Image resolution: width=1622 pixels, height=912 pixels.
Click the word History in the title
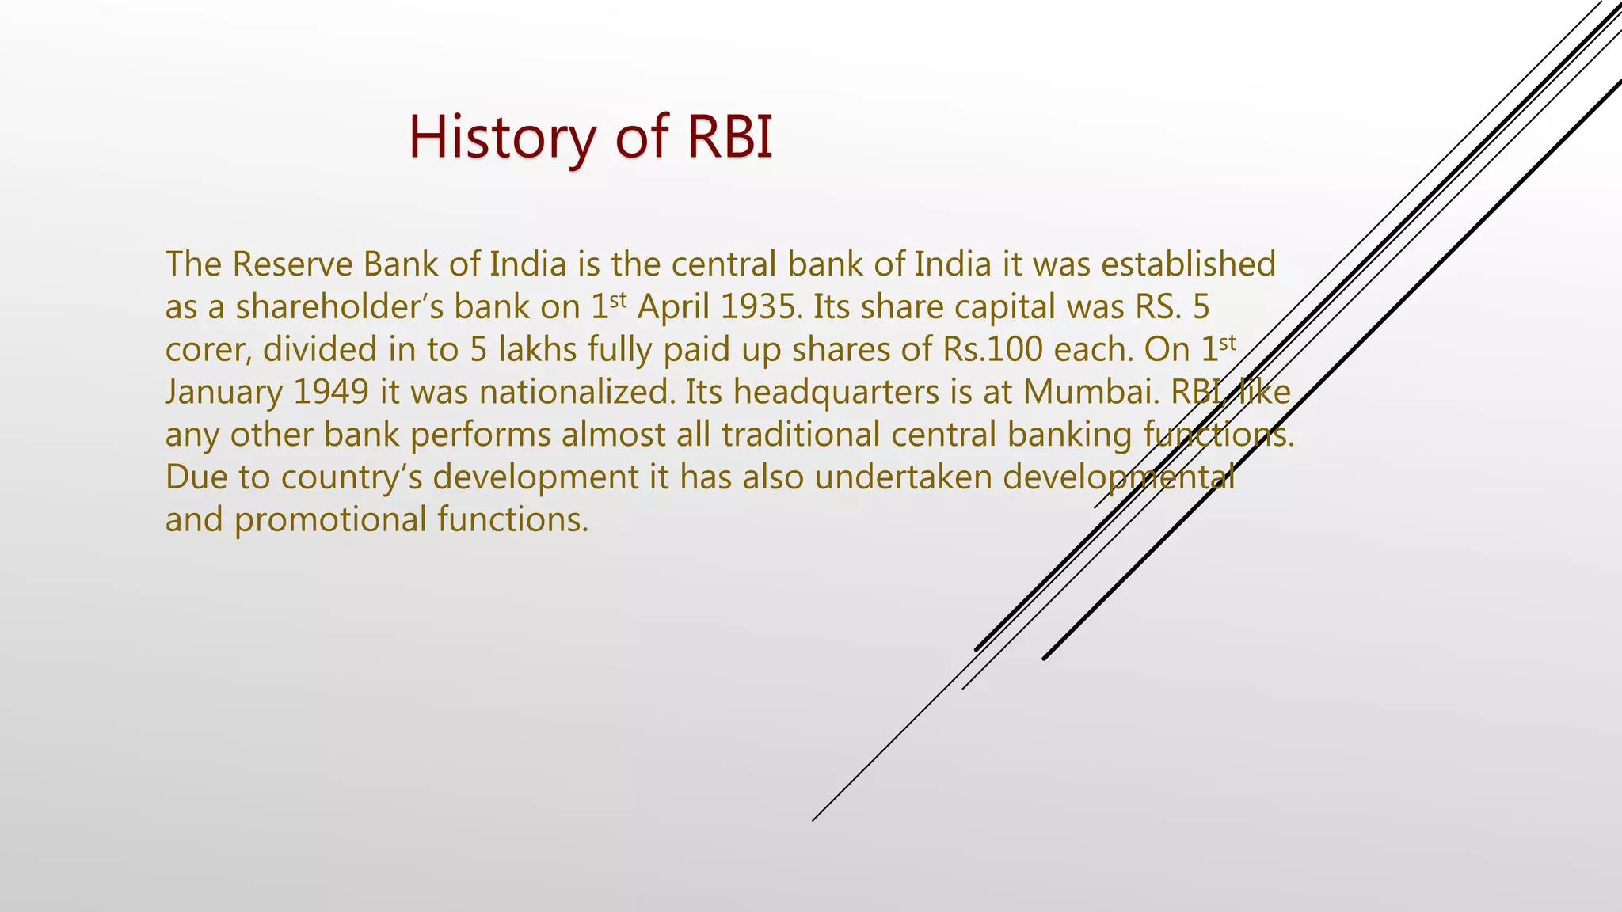[x=501, y=138]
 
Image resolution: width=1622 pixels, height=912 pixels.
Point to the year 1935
[x=757, y=307]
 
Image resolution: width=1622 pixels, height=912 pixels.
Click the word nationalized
[x=577, y=393]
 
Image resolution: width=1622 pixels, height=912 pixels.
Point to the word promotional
[x=330, y=521]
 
